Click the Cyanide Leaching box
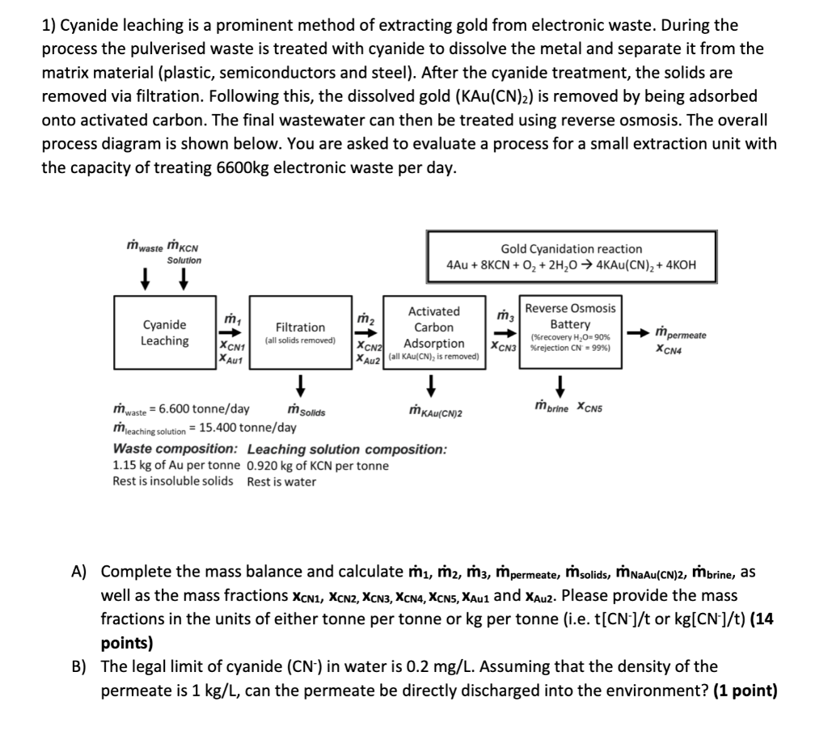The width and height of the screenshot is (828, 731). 164,332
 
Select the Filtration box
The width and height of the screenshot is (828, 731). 300,332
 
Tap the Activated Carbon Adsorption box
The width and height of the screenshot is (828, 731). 433,332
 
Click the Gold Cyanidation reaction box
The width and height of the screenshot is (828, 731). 571,256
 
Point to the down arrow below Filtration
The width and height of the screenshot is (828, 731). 300,381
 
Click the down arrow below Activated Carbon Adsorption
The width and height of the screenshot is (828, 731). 433,381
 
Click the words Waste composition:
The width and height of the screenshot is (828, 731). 175,449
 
